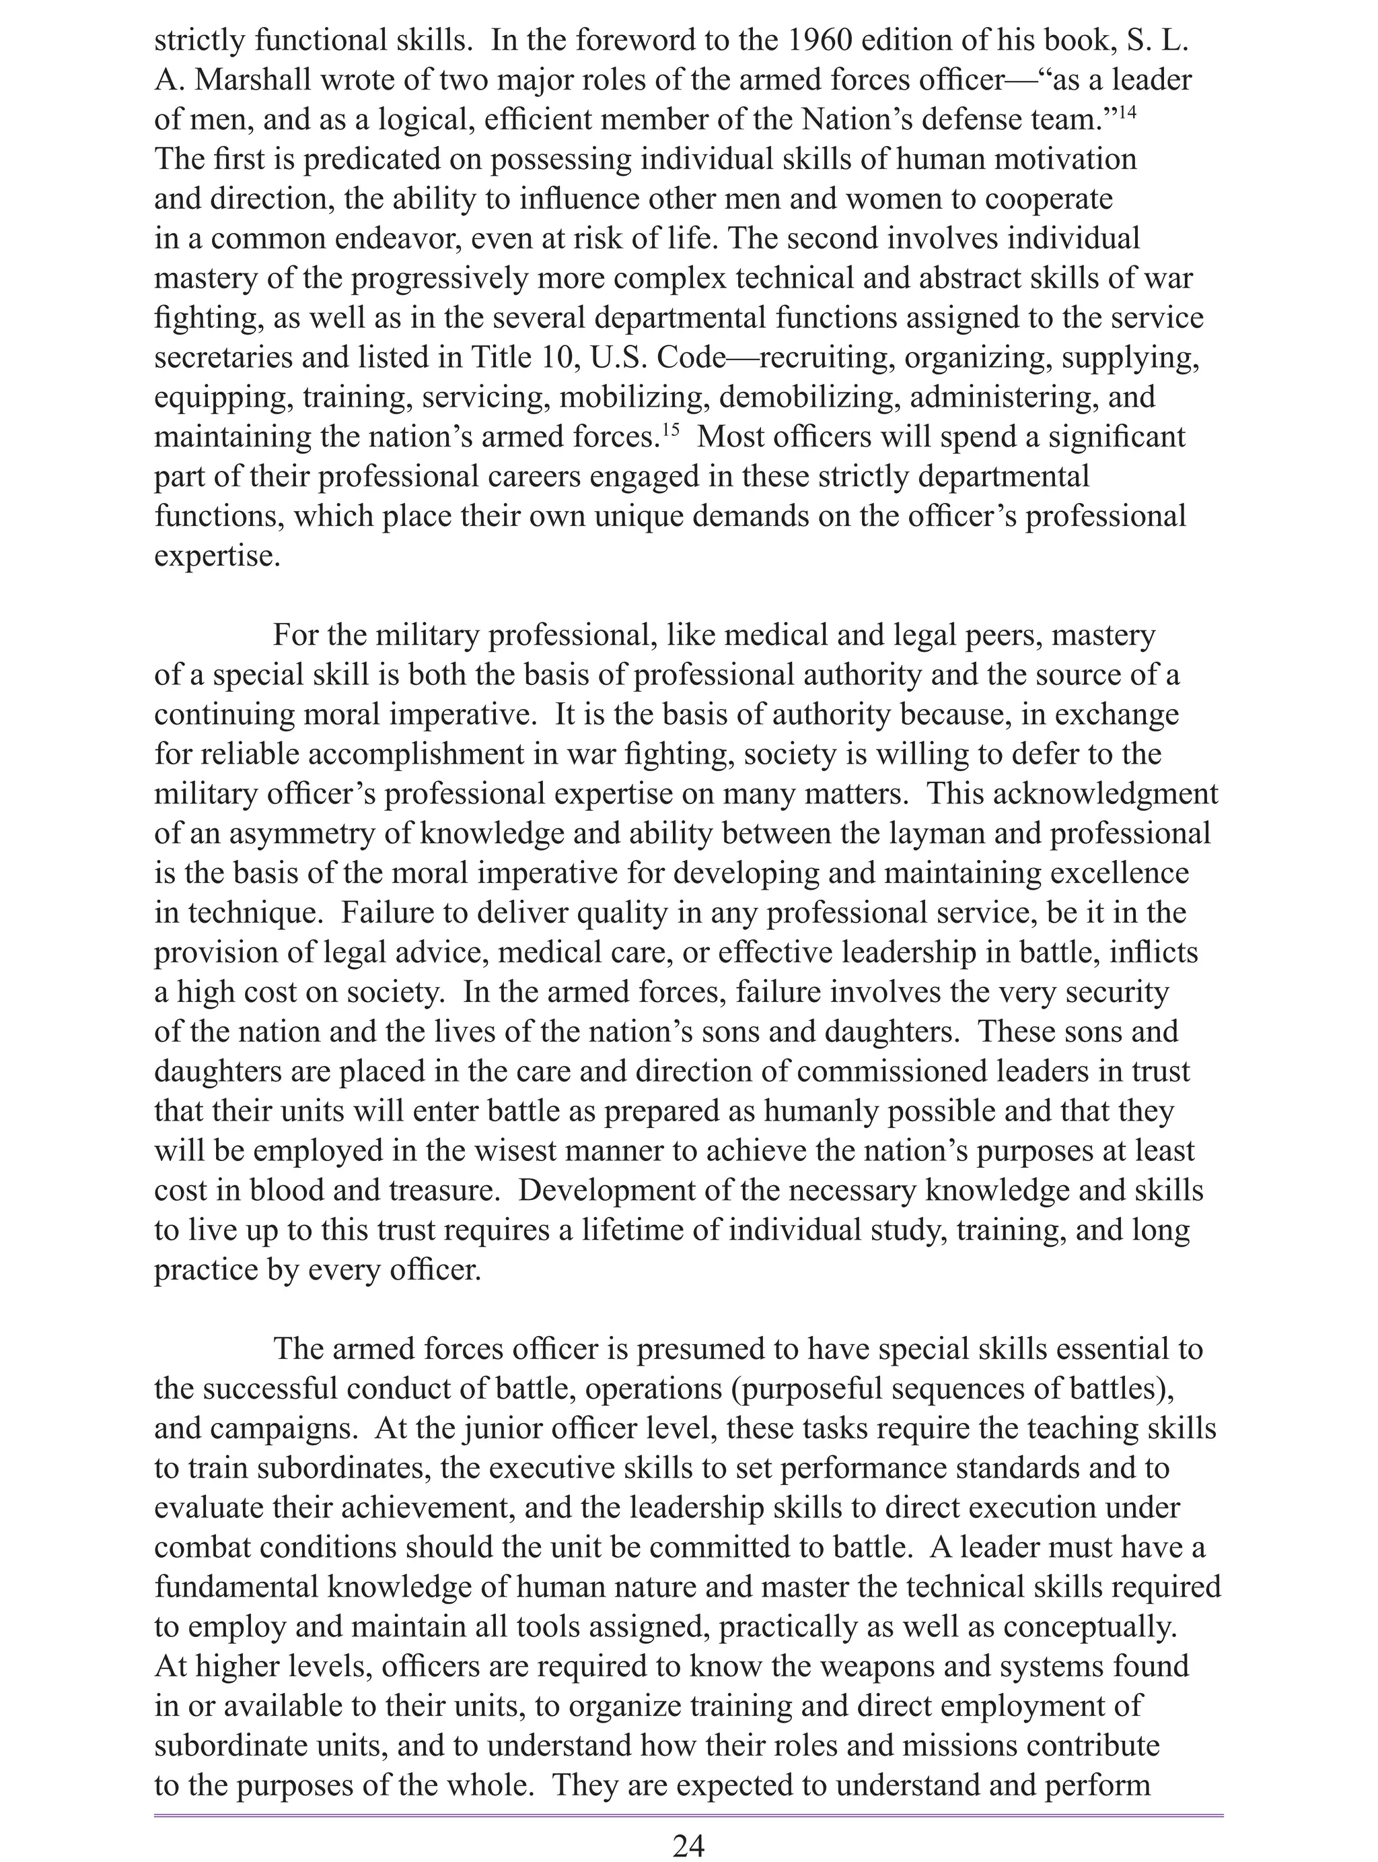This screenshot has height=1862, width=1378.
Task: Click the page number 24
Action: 688,1844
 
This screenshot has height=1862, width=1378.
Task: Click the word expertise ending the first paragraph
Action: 217,556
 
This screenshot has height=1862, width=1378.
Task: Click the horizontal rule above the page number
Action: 688,1814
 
